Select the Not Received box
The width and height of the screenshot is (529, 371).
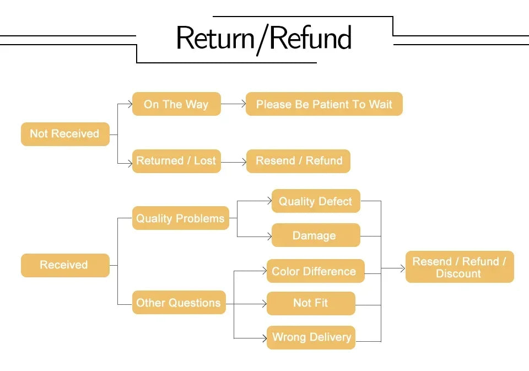[65, 134]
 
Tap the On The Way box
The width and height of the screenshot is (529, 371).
[176, 104]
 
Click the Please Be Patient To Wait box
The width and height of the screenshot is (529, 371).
[324, 104]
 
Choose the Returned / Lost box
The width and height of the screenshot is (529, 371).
[176, 161]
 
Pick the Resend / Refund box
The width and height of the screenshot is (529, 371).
[298, 161]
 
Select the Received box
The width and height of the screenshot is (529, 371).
[65, 265]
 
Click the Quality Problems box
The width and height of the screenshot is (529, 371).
[180, 218]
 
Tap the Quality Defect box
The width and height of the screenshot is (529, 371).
[315, 201]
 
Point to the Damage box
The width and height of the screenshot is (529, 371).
[315, 235]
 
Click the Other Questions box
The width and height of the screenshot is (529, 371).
[179, 303]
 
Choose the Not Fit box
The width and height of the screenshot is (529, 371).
[311, 303]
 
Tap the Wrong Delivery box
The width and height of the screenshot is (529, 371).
[311, 337]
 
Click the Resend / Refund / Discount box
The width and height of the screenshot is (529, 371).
[459, 267]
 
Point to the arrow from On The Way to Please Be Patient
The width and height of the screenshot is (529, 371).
[233, 104]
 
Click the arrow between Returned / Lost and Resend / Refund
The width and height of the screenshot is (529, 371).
[233, 162]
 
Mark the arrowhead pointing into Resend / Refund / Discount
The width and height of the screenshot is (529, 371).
[401, 268]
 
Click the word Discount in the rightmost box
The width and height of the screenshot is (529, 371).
[458, 274]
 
